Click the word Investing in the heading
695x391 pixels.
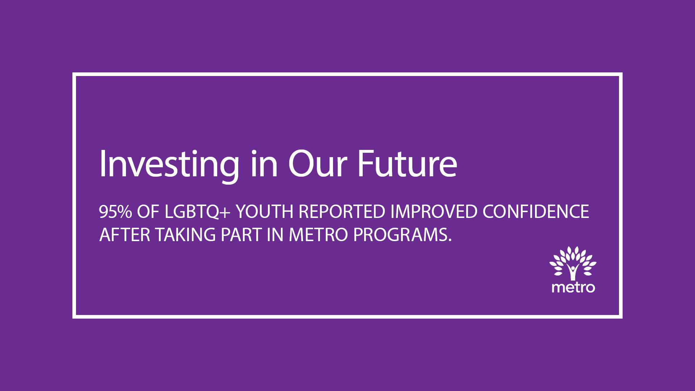click(x=169, y=165)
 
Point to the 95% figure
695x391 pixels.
click(x=115, y=212)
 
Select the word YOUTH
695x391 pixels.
click(x=264, y=212)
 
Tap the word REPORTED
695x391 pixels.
click(x=342, y=212)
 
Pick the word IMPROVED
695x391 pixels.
click(x=434, y=212)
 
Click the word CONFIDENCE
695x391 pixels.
click(x=536, y=212)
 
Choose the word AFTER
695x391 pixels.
click(x=125, y=235)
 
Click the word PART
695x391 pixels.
click(x=241, y=235)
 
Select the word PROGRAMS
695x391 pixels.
click(x=400, y=235)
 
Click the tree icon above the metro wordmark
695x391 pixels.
click(x=573, y=264)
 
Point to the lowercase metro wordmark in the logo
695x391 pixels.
click(x=573, y=287)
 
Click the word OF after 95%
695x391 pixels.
click(x=148, y=212)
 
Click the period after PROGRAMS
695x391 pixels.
click(x=450, y=240)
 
